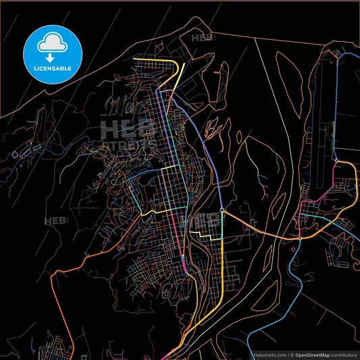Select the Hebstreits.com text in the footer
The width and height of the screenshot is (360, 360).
[266, 354]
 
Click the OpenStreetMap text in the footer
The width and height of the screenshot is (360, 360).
[315, 354]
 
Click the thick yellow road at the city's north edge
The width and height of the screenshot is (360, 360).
[159, 62]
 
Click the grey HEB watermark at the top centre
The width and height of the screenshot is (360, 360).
[202, 38]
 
